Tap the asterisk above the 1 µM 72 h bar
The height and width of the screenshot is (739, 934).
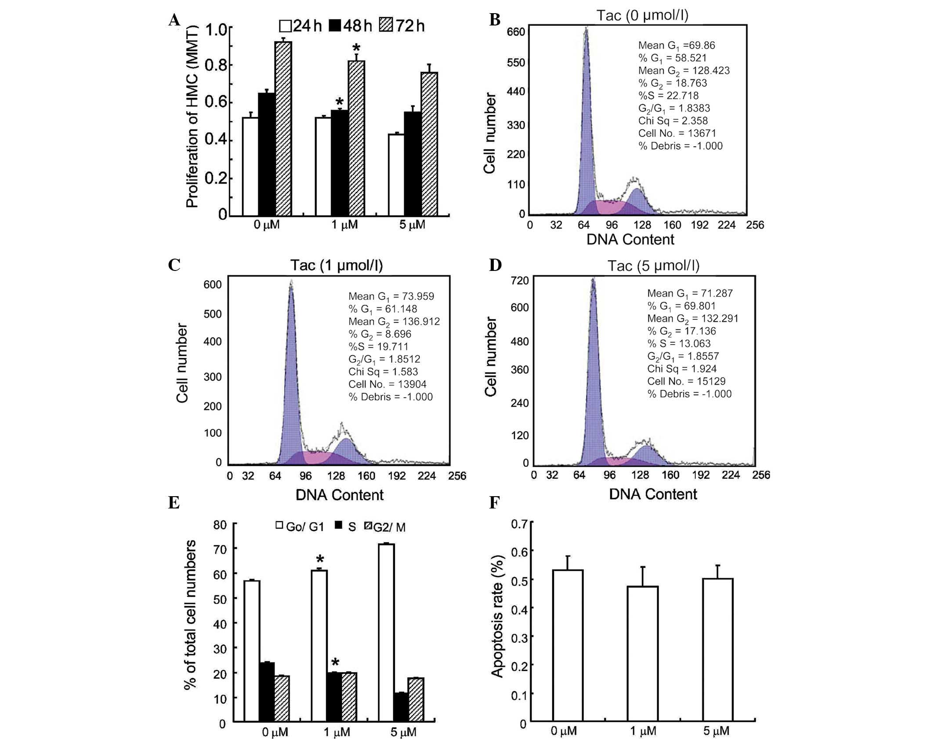tap(356, 48)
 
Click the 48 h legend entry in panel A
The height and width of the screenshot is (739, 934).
tap(351, 26)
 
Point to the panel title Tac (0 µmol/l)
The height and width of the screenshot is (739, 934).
tap(642, 15)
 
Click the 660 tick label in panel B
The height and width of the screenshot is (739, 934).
tap(516, 32)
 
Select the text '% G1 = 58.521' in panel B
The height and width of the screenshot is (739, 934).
tap(672, 58)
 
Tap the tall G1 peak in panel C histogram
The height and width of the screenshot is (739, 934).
tap(290, 373)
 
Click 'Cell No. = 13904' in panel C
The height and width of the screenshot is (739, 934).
tap(387, 384)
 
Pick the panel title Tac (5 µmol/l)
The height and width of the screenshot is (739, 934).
tap(653, 266)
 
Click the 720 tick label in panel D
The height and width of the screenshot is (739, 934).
tap(520, 281)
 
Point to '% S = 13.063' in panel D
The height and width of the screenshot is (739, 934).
tap(679, 343)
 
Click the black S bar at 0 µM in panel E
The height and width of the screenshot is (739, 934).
tap(267, 691)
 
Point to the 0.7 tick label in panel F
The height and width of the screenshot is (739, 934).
tap(519, 523)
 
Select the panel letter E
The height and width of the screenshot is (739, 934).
tap(174, 502)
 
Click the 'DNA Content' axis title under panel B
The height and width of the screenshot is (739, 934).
tap(630, 239)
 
